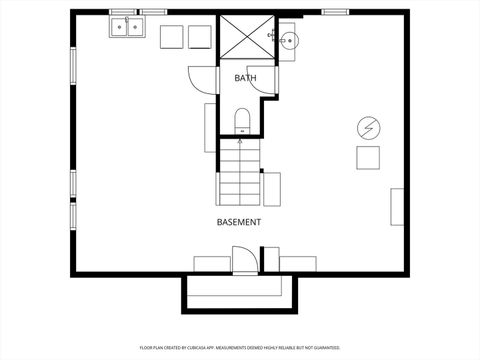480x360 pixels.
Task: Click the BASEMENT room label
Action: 239,221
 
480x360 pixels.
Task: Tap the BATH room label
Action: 245,78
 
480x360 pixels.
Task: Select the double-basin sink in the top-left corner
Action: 126,28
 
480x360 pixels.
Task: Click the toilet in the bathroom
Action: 241,121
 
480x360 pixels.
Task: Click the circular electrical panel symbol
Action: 368,127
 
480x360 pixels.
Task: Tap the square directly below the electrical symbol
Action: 368,159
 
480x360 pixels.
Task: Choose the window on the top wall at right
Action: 335,12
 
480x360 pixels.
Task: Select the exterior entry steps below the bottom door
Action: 239,292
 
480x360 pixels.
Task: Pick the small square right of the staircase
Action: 272,188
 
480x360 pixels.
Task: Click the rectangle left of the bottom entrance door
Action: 211,264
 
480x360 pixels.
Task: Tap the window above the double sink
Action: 126,12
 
